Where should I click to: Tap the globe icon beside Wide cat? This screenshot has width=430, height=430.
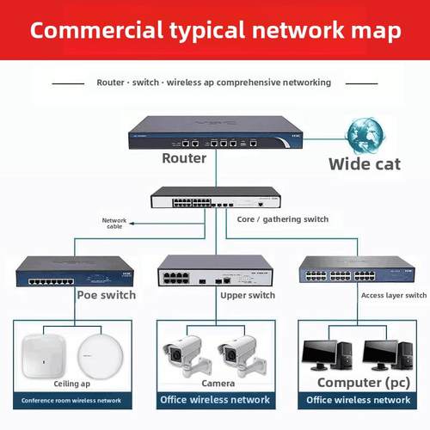point(364,135)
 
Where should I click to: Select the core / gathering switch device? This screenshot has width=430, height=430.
point(214,199)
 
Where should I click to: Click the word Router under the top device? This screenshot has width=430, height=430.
point(184,158)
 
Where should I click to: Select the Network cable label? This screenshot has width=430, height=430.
point(114,223)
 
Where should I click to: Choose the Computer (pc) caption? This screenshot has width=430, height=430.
point(360,382)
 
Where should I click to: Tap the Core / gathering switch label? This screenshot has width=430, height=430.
point(282,219)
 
